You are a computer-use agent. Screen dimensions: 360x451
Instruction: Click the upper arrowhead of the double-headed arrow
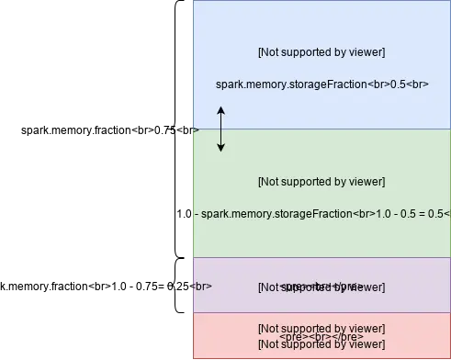point(220,110)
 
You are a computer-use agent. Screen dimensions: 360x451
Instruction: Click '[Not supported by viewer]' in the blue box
point(321,51)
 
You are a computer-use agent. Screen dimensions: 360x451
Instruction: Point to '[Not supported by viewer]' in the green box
point(321,181)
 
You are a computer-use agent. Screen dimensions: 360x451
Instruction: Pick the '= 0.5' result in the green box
point(428,214)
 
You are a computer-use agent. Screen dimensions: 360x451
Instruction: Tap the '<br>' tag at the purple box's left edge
point(202,286)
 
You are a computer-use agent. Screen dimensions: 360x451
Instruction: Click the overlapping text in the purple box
point(321,287)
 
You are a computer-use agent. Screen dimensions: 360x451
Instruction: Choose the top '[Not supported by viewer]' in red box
point(321,328)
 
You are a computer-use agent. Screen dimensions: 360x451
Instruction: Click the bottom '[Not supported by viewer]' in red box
point(321,343)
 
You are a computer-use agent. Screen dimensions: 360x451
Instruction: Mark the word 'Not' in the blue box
point(271,51)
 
